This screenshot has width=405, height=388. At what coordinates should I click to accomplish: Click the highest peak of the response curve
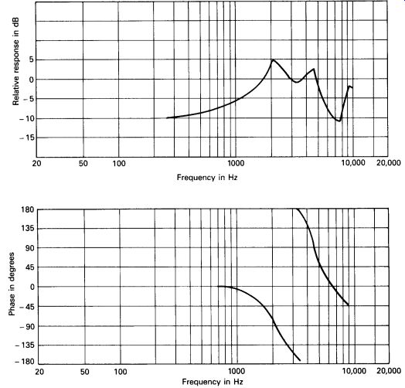[x=273, y=60]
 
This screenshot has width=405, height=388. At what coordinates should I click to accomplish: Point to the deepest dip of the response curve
[x=339, y=121]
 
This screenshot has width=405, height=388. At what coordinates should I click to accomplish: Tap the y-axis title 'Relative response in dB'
[x=15, y=62]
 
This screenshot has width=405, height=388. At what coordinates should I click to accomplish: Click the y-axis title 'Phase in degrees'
[x=12, y=284]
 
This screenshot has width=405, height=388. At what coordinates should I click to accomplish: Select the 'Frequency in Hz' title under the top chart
[x=207, y=178]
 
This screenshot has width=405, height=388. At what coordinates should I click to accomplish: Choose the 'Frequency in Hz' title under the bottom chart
[x=213, y=382]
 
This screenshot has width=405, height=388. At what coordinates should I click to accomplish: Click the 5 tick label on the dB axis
[x=31, y=60]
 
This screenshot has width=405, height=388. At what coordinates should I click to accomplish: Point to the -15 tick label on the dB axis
[x=26, y=138]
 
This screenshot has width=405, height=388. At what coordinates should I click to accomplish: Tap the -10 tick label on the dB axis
[x=26, y=118]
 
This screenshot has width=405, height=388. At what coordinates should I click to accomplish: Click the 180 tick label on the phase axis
[x=28, y=209]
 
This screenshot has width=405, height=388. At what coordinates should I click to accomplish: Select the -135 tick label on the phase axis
[x=25, y=345]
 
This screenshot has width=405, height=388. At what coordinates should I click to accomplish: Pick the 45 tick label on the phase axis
[x=30, y=267]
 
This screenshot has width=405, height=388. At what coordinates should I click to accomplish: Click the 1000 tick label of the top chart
[x=236, y=163]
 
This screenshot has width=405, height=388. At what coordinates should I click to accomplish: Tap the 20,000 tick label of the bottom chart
[x=389, y=371]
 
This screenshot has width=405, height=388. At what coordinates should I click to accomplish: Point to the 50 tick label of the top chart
[x=83, y=163]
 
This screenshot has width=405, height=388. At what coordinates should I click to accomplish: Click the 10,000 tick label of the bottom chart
[x=354, y=371]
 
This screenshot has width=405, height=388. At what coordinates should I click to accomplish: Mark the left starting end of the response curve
[x=167, y=117]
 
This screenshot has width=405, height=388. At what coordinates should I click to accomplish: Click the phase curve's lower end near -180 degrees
[x=300, y=360]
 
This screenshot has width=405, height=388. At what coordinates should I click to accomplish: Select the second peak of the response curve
[x=314, y=69]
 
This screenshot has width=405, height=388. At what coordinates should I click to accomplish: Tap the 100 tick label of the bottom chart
[x=121, y=372]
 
